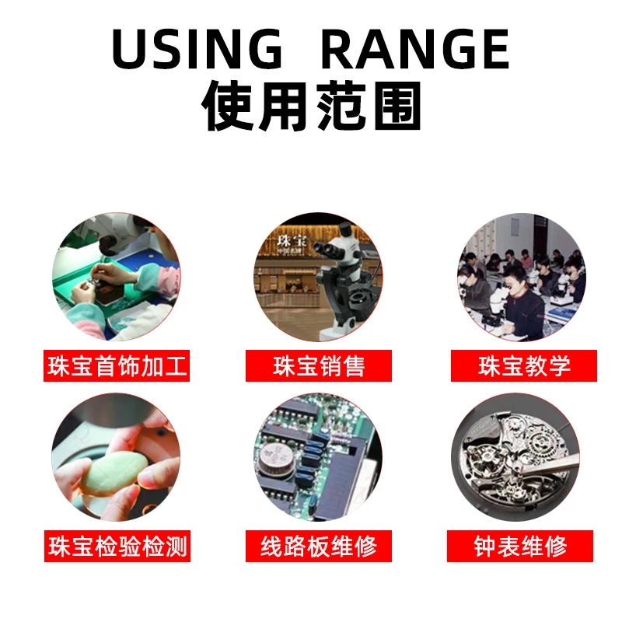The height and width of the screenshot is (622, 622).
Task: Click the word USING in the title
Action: click(197, 49)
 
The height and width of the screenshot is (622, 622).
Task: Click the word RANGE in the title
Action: click(415, 49)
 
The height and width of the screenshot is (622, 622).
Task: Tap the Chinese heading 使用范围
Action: click(312, 106)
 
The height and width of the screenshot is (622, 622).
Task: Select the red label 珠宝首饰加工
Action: click(117, 365)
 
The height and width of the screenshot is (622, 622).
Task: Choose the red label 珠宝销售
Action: click(319, 365)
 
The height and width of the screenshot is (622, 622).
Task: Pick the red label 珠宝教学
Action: click(523, 365)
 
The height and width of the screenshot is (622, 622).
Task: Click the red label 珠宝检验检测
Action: click(117, 546)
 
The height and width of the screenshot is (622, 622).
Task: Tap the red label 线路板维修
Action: click(319, 546)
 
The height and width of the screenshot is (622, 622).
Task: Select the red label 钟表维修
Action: click(520, 546)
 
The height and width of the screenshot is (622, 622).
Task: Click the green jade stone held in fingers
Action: click(114, 473)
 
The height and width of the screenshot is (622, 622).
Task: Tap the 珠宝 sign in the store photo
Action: click(291, 240)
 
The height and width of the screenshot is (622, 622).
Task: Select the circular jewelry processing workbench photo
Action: click(116, 277)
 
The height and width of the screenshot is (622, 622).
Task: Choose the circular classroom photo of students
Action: click(522, 278)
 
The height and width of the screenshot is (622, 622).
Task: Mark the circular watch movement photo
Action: click(515, 457)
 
